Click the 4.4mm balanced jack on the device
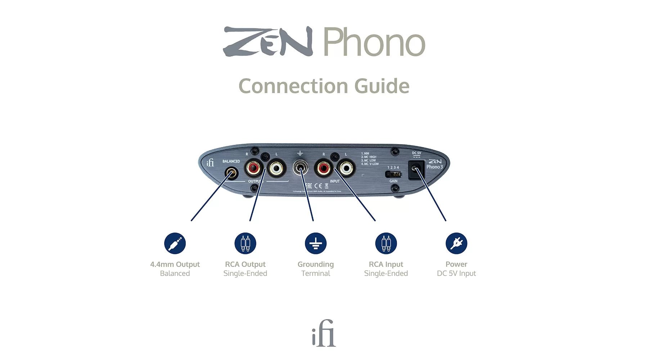(x=231, y=174)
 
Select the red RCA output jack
(x=254, y=167)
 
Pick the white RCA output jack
(x=276, y=167)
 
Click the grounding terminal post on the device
(x=300, y=167)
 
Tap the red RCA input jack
(x=323, y=167)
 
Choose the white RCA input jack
(x=346, y=167)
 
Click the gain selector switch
(x=393, y=175)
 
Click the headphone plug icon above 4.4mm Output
(x=175, y=243)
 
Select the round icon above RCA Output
(x=245, y=243)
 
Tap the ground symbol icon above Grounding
(x=316, y=243)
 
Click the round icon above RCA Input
(x=386, y=243)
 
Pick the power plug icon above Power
(x=456, y=243)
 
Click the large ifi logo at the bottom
(x=324, y=333)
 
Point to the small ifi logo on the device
(x=210, y=163)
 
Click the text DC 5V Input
(x=456, y=273)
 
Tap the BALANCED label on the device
(x=231, y=161)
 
